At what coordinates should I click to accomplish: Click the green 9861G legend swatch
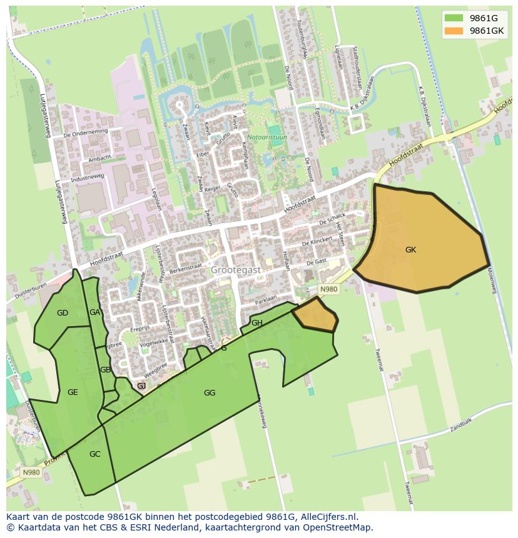point(454,18)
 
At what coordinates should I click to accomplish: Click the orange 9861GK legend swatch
point(454,31)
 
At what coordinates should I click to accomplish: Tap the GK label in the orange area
point(410,250)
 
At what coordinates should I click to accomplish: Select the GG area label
point(210,393)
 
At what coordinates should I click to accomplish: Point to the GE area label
point(73,392)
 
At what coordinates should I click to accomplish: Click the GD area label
point(62,313)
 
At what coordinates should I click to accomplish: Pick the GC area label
point(94,454)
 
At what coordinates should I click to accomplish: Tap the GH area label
point(257,323)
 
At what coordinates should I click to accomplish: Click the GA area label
point(94,312)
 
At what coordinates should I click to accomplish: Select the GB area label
point(105,370)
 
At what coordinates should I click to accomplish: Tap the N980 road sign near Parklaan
point(328,289)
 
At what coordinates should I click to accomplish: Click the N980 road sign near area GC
point(31,472)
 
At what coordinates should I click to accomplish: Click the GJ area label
point(141,386)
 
